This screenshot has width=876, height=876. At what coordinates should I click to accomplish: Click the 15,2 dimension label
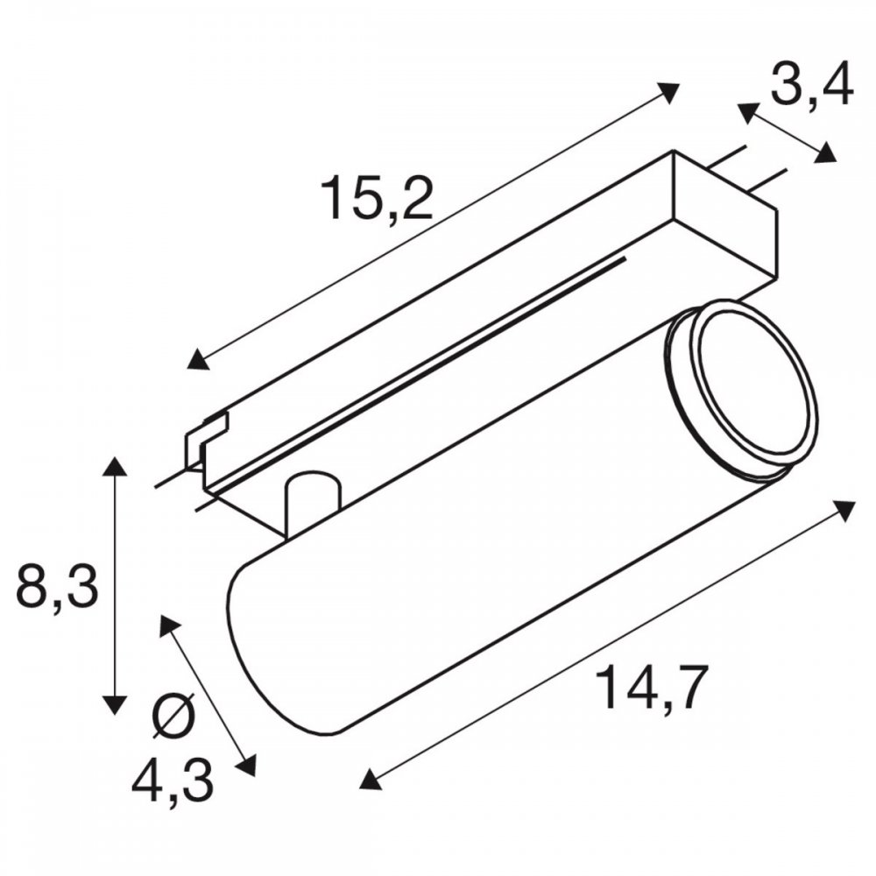(377, 197)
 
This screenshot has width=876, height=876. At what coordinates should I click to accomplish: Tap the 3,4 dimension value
(811, 86)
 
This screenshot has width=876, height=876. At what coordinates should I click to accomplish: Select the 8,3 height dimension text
(58, 587)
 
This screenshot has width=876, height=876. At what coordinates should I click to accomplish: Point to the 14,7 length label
(653, 687)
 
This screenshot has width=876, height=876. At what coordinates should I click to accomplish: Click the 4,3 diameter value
(173, 781)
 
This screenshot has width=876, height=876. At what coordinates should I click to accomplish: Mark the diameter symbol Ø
(173, 717)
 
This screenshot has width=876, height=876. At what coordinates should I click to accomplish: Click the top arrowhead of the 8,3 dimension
(115, 468)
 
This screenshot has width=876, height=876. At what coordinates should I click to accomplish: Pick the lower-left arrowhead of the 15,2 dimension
(198, 359)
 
